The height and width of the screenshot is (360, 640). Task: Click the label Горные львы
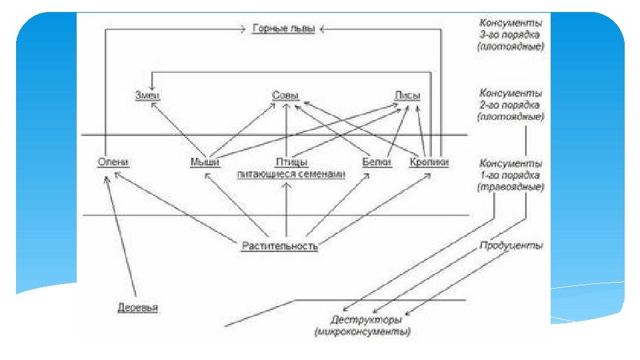pyautogui.click(x=283, y=29)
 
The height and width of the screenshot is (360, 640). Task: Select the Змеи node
pyautogui.click(x=149, y=95)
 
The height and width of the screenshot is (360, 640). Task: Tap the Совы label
pyautogui.click(x=285, y=95)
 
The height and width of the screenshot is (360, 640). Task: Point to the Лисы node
pyautogui.click(x=407, y=95)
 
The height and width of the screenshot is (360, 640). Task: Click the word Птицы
pyautogui.click(x=291, y=162)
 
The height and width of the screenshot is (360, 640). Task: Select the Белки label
pyautogui.click(x=376, y=162)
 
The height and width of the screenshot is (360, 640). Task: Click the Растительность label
pyautogui.click(x=279, y=246)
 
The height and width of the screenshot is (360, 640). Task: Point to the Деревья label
pyautogui.click(x=139, y=307)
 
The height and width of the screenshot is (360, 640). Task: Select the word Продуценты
pyautogui.click(x=511, y=245)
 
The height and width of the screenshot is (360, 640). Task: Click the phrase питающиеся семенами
pyautogui.click(x=291, y=174)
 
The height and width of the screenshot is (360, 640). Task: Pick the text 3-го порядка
pyautogui.click(x=511, y=35)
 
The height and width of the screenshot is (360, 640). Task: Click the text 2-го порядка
pyautogui.click(x=511, y=105)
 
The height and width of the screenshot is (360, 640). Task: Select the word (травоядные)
pyautogui.click(x=511, y=187)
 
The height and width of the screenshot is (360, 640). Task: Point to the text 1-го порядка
pyautogui.click(x=511, y=175)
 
